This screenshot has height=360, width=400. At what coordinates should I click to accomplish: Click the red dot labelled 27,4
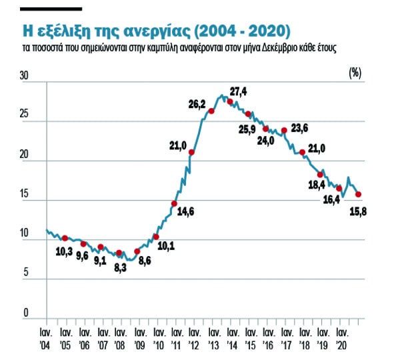[x=230, y=102]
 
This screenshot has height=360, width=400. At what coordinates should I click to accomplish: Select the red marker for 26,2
[x=211, y=111]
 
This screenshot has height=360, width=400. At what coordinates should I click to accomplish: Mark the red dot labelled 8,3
[x=119, y=253]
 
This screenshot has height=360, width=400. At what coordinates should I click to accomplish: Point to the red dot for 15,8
[x=359, y=195]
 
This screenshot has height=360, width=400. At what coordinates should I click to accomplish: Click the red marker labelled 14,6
[x=174, y=204]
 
